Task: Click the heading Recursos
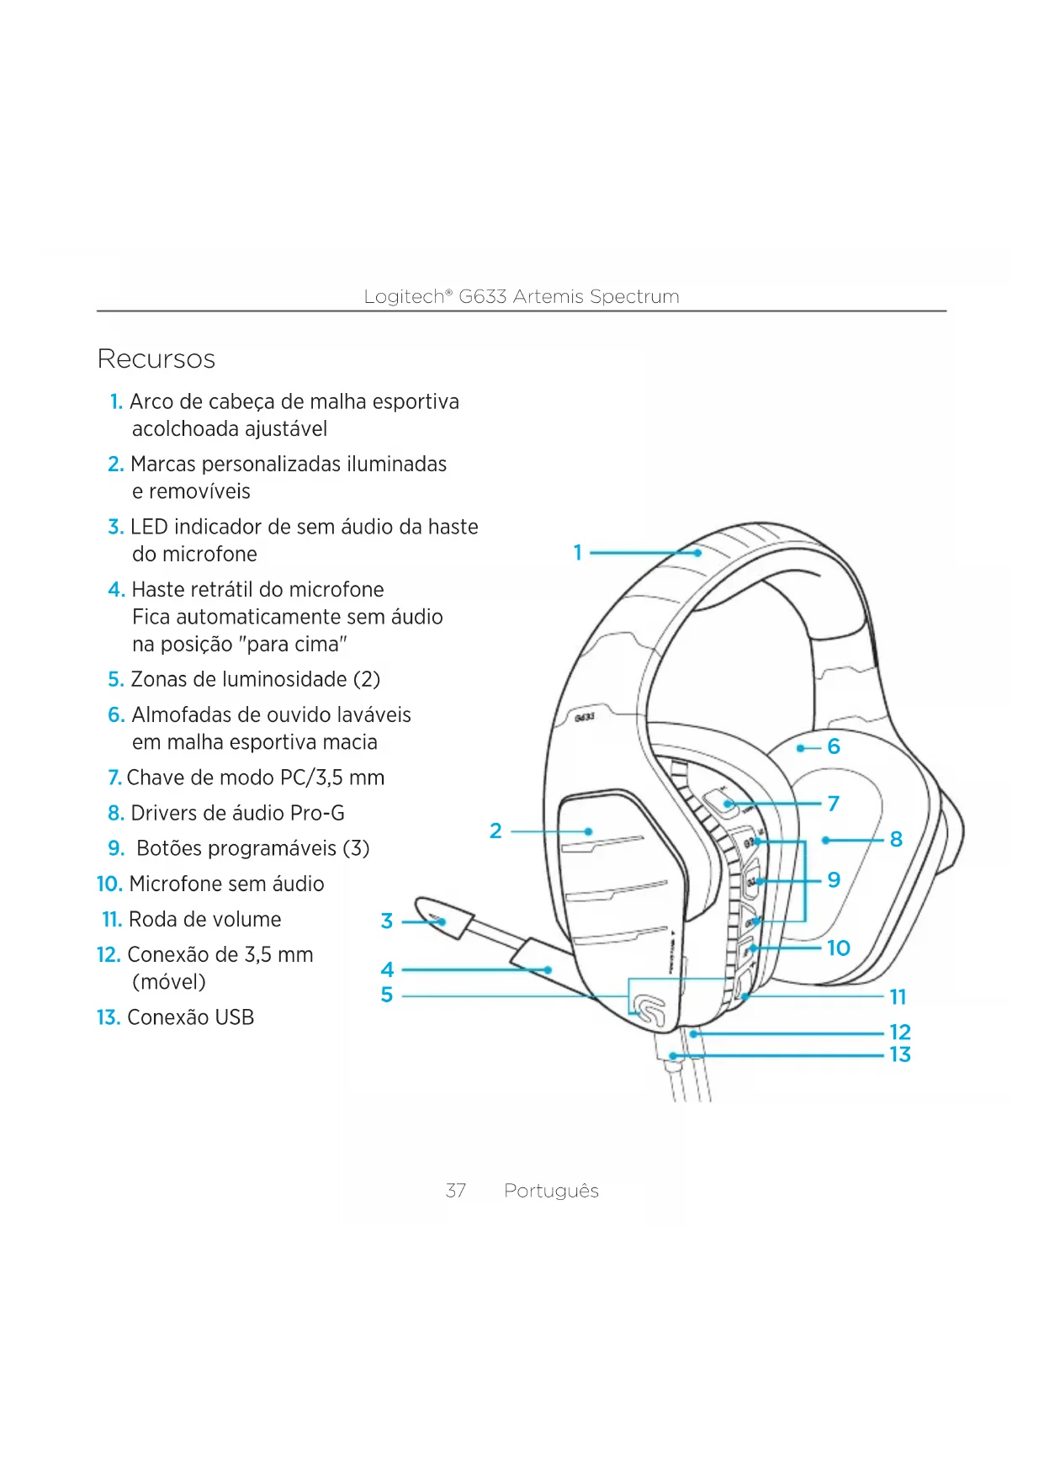156,359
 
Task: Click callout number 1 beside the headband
578,553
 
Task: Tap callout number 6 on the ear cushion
834,746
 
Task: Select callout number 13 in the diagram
900,1054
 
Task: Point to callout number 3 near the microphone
387,921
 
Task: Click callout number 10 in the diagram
839,948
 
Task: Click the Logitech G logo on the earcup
649,1008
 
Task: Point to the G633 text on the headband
585,717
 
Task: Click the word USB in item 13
235,1017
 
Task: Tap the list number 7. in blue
114,778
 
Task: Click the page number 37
455,1191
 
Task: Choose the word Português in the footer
551,1191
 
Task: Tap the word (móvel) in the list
169,982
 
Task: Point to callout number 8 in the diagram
896,839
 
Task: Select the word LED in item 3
149,528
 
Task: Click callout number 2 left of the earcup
496,831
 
